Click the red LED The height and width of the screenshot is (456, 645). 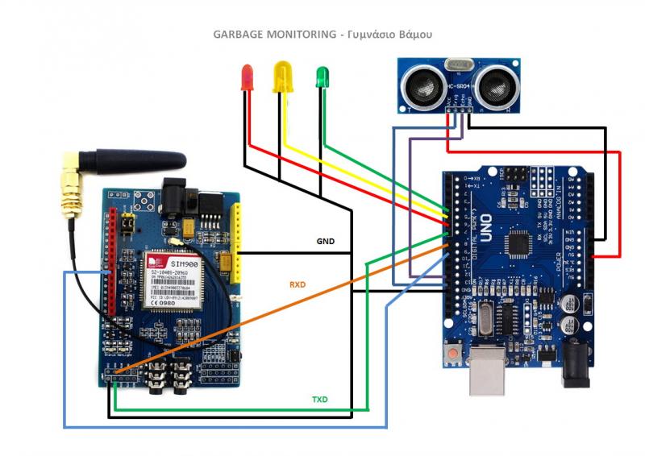coord(248,78)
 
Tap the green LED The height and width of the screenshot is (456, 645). coord(322,77)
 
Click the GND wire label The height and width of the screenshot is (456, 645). coord(325,241)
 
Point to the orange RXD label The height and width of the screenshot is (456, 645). coord(299,284)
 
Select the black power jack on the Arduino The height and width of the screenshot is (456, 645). coord(576,365)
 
